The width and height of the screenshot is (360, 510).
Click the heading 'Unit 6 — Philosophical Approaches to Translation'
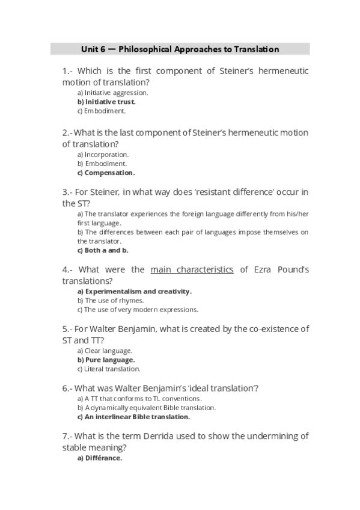click(x=180, y=49)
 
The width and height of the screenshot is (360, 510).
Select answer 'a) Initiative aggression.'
click(x=112, y=93)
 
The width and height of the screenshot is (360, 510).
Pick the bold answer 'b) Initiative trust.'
click(x=106, y=102)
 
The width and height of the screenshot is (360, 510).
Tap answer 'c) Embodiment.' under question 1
click(x=101, y=111)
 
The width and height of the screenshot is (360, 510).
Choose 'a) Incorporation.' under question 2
click(x=103, y=155)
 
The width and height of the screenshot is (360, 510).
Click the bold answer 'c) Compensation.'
click(x=106, y=173)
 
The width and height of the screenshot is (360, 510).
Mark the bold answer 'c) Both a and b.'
click(x=102, y=250)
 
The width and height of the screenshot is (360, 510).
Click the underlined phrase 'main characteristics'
click(x=192, y=269)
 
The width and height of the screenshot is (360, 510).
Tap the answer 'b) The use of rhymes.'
click(x=110, y=301)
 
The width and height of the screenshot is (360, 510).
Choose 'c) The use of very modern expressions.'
click(x=137, y=310)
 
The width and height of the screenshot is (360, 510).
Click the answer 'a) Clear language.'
click(x=105, y=351)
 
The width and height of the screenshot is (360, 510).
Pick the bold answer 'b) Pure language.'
click(x=106, y=360)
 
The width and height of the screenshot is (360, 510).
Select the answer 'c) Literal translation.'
click(x=109, y=369)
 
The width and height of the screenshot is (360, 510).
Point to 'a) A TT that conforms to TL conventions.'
click(x=139, y=398)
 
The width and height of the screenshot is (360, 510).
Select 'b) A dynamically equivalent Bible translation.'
click(x=146, y=407)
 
